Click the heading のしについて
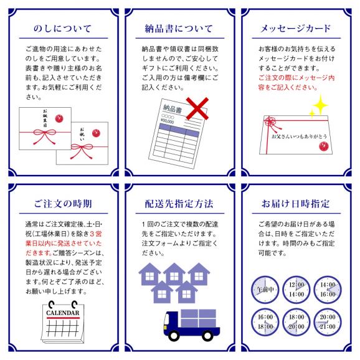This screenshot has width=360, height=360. [x=60, y=29]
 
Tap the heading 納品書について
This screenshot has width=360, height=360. [x=180, y=29]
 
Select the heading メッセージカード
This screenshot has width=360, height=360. [x=299, y=29]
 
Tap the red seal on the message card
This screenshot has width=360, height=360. [x=323, y=146]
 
